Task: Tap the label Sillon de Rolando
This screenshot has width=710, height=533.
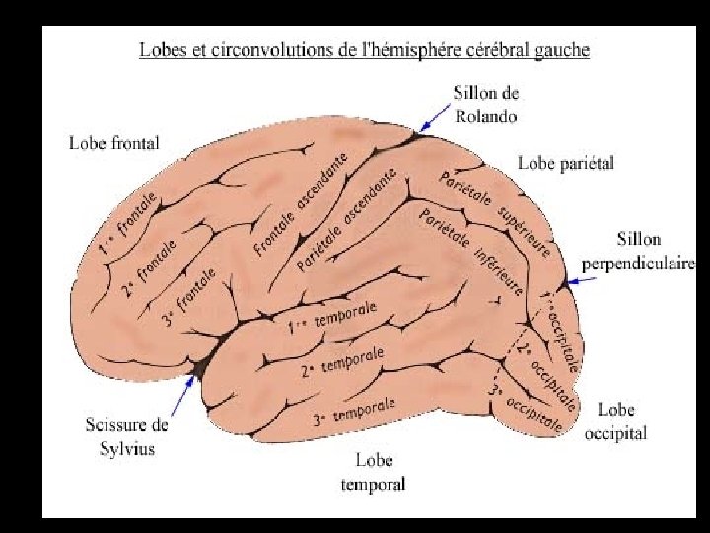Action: click(485, 103)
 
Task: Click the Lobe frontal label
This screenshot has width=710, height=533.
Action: click(113, 143)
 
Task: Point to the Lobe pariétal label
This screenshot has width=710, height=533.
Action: click(566, 163)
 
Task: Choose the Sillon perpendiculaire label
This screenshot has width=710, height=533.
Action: click(636, 251)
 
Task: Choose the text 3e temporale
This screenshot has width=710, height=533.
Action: click(354, 411)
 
